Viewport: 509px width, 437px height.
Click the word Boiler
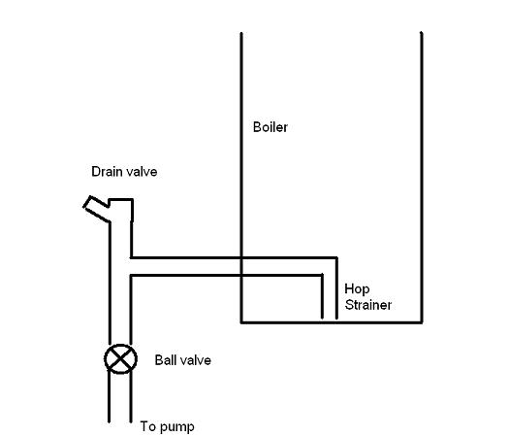tap(270, 127)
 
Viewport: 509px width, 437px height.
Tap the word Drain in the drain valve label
tap(104, 171)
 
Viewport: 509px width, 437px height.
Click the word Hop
tap(357, 289)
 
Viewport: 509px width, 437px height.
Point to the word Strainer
tap(368, 305)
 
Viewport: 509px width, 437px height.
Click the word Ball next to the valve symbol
tap(164, 360)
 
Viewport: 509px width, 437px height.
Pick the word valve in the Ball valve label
tap(194, 360)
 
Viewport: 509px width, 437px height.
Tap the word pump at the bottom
tap(176, 427)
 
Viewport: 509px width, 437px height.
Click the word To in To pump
tap(147, 426)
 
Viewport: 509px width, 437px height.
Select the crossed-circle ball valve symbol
tap(120, 359)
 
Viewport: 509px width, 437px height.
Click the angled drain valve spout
tap(96, 209)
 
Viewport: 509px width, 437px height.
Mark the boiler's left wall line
tap(241, 177)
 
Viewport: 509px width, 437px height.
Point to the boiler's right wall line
tap(422, 177)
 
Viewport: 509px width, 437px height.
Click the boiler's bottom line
tap(332, 322)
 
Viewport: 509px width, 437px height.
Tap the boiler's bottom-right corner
tap(422, 322)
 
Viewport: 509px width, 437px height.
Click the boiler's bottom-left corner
tap(241, 322)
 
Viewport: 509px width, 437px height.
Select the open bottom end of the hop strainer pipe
tap(330, 319)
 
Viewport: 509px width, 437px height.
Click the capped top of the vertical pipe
tap(121, 199)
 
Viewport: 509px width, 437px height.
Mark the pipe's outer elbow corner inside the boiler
tap(336, 258)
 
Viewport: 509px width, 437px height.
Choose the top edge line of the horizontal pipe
tap(234, 258)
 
